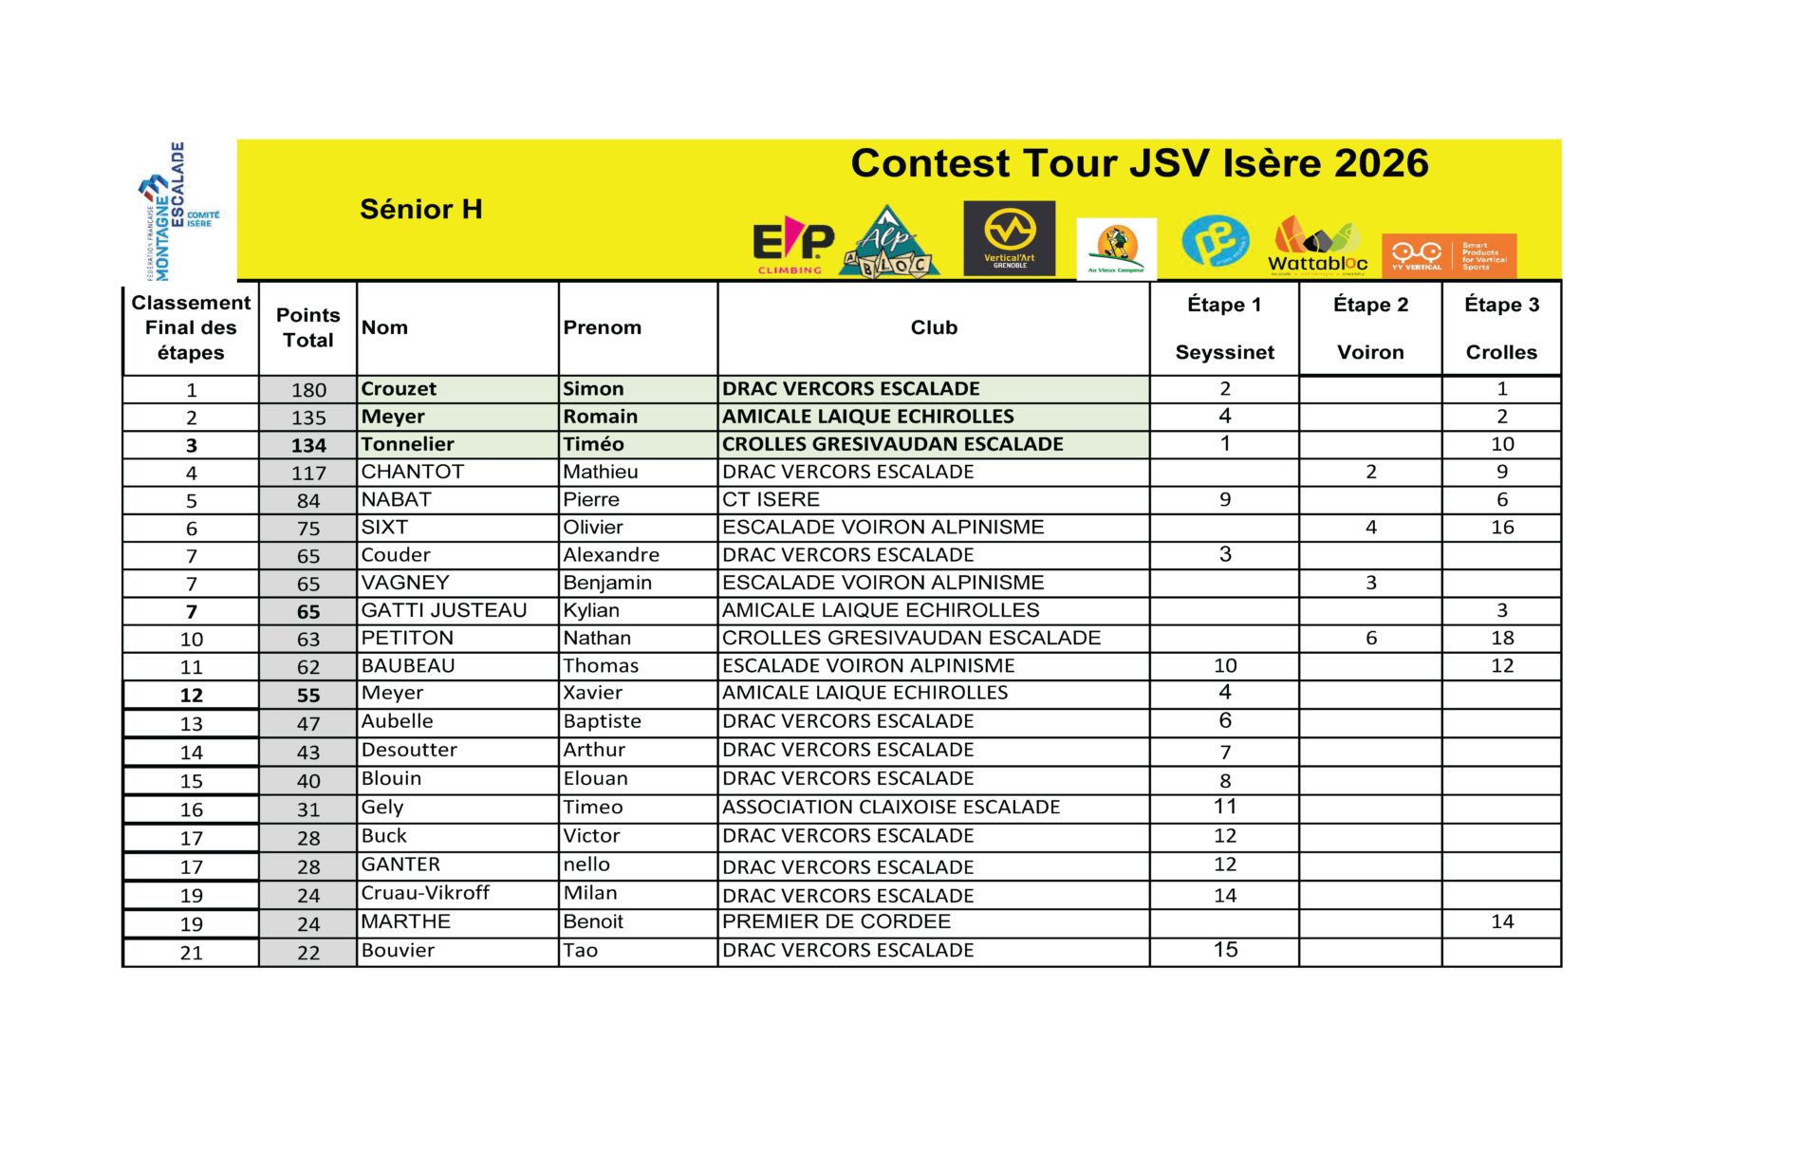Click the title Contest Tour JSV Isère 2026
click(x=1139, y=163)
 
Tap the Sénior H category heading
click(x=420, y=209)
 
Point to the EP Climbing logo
click(x=792, y=245)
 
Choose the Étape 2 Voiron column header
click(x=1370, y=328)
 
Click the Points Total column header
click(x=307, y=327)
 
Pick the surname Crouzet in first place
click(x=399, y=389)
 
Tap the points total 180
click(x=308, y=390)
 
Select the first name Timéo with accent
click(x=593, y=444)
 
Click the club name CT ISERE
click(x=771, y=500)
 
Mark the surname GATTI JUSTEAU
click(x=443, y=610)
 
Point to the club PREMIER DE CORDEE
click(x=836, y=921)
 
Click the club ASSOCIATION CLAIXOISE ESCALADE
click(x=890, y=808)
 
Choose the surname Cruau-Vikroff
click(x=425, y=893)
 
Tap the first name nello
click(x=586, y=865)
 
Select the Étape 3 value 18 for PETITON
click(x=1501, y=638)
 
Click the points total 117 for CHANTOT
click(x=308, y=473)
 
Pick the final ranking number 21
click(x=191, y=953)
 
